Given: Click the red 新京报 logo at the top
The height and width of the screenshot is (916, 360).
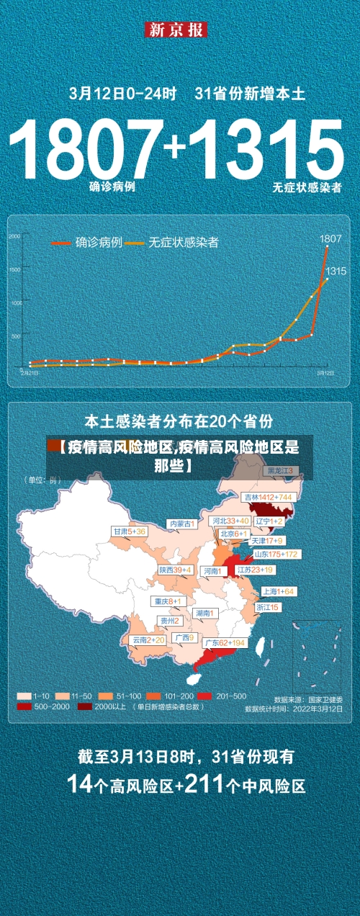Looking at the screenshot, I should point(176,30).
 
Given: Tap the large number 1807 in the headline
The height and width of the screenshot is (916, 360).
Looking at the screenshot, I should point(87,150).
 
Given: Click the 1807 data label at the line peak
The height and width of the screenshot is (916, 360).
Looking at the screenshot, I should point(330,238).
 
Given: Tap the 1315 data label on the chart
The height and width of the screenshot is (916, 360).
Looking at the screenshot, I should point(336,271).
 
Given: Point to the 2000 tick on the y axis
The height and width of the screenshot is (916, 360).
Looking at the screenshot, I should point(14,236).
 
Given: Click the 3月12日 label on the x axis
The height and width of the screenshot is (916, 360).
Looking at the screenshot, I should point(325,373).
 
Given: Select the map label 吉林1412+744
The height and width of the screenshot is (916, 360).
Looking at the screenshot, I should point(267,497).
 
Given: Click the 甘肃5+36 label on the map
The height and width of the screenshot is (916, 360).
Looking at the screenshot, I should point(129,531).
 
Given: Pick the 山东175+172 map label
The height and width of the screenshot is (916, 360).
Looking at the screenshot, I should point(276,554).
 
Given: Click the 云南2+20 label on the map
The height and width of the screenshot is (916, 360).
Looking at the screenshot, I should point(148,639).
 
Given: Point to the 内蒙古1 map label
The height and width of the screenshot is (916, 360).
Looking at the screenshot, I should point(181,524).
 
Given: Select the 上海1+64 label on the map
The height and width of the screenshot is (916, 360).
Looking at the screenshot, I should point(278,591).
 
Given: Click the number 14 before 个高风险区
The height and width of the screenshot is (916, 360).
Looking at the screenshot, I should point(80,783).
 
